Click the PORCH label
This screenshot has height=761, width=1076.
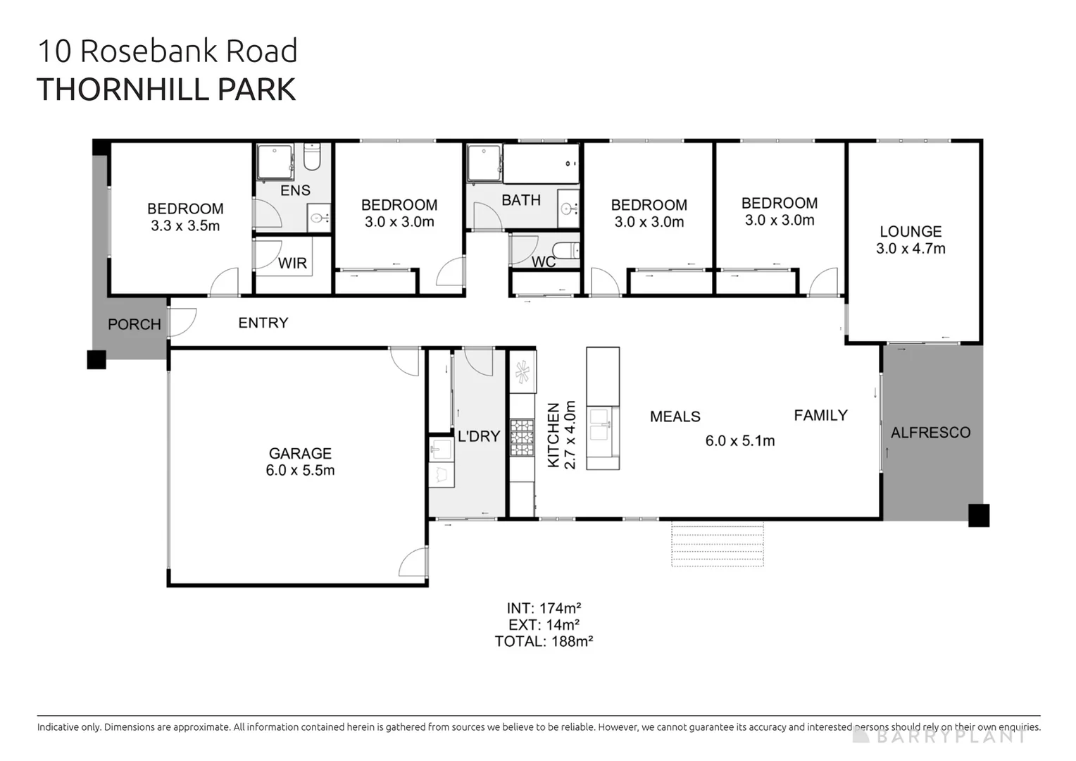pos(134,324)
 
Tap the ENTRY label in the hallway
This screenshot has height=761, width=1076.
pos(263,323)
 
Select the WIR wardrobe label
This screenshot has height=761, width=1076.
pos(292,264)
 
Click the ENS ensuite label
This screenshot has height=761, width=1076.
pos(295,190)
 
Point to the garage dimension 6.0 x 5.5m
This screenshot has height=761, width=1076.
pos(300,471)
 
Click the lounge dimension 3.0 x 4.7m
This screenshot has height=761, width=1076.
pos(911,249)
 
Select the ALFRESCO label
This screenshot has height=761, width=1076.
pos(930,433)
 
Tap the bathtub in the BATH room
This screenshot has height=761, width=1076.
pos(541,163)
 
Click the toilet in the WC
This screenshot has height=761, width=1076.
pos(565,251)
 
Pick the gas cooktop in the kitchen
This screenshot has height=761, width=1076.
pos(522,438)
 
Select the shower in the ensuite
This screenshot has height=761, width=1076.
pos(274,162)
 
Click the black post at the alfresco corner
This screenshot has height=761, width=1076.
pos(978,515)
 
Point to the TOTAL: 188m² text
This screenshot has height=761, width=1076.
pos(544,641)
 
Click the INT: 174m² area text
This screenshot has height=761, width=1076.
pos(544,607)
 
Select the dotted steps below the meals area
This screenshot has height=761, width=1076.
pos(717,544)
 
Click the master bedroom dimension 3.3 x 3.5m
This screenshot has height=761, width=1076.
pos(185,226)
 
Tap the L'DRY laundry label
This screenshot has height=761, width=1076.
pos(478,436)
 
